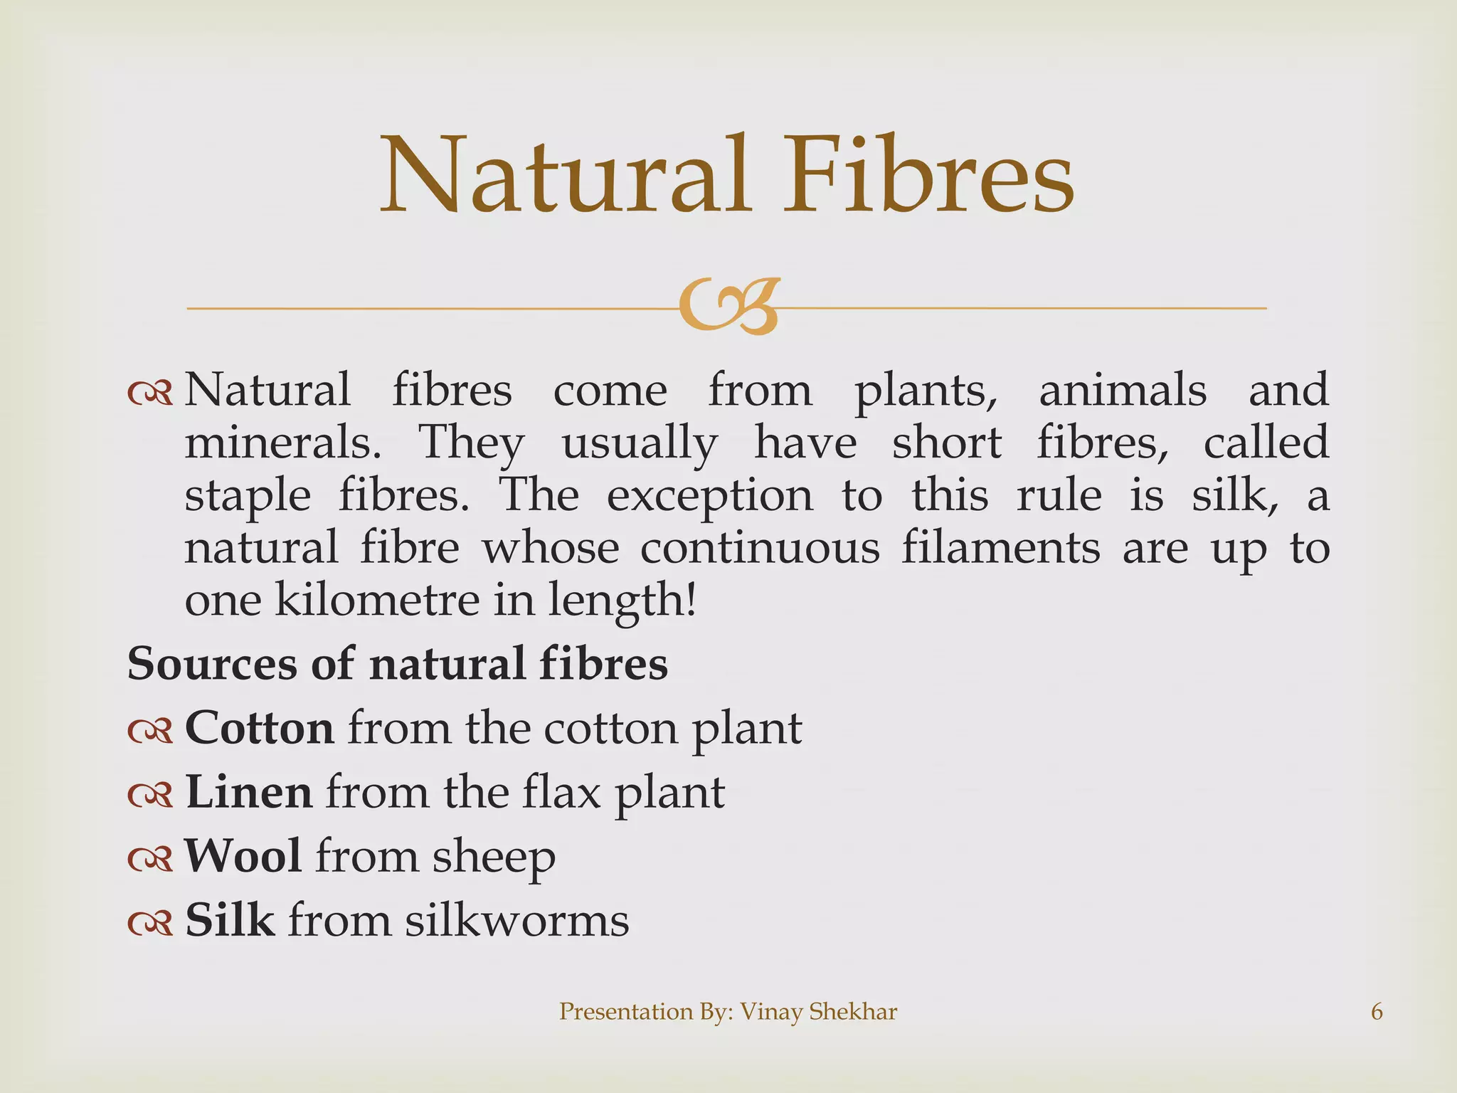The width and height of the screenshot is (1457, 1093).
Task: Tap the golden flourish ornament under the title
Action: pyautogui.click(x=729, y=306)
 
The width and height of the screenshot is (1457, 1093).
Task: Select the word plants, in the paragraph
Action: pyautogui.click(x=926, y=391)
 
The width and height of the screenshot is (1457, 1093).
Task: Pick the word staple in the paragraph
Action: pyautogui.click(x=248, y=497)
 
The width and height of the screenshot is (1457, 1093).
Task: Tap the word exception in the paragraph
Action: pyautogui.click(x=709, y=497)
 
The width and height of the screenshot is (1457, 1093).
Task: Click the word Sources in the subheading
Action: pyautogui.click(x=212, y=664)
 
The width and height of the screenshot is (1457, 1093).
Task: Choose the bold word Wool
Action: pyautogui.click(x=243, y=855)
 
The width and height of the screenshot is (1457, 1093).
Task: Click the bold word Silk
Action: pyautogui.click(x=230, y=919)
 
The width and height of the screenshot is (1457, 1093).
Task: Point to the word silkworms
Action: pyautogui.click(x=517, y=920)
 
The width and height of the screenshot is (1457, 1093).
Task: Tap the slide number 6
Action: pyautogui.click(x=1377, y=1011)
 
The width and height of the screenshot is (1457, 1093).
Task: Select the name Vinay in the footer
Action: pyautogui.click(x=770, y=1012)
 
